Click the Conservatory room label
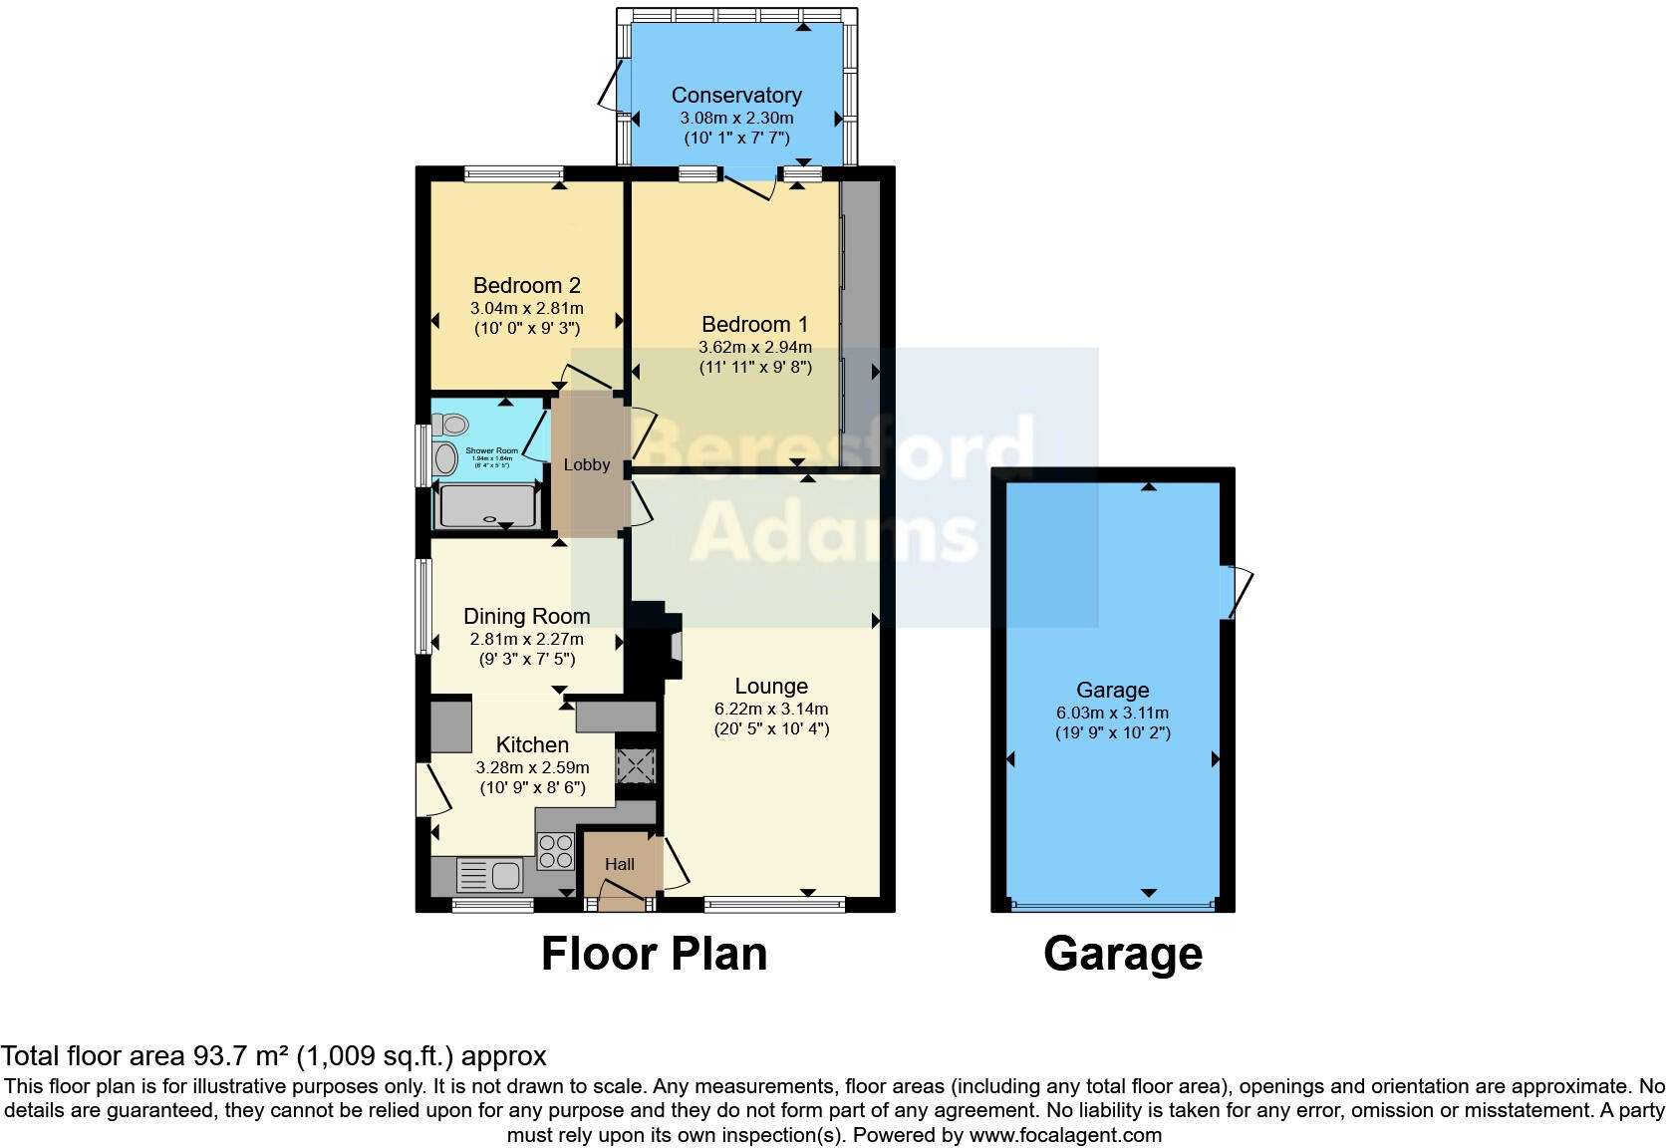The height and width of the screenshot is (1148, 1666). click(736, 96)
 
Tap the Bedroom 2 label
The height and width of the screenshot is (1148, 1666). click(526, 286)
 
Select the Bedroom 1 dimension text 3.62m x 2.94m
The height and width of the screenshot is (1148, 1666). click(754, 348)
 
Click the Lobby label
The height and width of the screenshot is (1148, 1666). click(586, 465)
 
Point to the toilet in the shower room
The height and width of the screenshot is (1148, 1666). click(451, 426)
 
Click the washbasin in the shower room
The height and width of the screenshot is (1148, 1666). click(445, 459)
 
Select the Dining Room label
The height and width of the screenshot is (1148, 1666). click(526, 617)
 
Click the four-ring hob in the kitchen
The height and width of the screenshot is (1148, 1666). click(556, 850)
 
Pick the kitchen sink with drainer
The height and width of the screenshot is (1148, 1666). click(490, 876)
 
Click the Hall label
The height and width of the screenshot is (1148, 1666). click(620, 865)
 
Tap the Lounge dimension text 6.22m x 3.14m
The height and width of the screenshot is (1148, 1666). click(770, 710)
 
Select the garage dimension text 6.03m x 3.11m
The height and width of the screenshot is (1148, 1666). click(1112, 714)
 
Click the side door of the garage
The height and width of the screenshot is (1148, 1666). click(1239, 592)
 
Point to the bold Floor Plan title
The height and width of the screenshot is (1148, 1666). click(654, 954)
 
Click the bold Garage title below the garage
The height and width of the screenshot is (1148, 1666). click(1123, 954)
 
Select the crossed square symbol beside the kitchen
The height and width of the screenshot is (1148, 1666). click(635, 765)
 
